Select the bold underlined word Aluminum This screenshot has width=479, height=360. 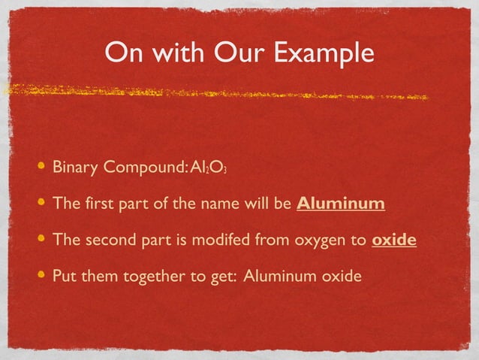pos(341,204)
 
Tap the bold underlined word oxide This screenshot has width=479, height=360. pos(394,241)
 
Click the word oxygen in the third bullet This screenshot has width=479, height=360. pos(321,241)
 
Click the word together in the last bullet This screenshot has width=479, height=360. pos(153,277)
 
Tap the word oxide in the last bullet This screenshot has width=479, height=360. pos(342,277)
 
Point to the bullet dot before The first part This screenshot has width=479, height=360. pos(41,203)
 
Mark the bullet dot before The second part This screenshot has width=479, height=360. pos(41,240)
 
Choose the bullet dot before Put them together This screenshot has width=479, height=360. pos(41,276)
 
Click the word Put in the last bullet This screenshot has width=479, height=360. pos(65,277)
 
